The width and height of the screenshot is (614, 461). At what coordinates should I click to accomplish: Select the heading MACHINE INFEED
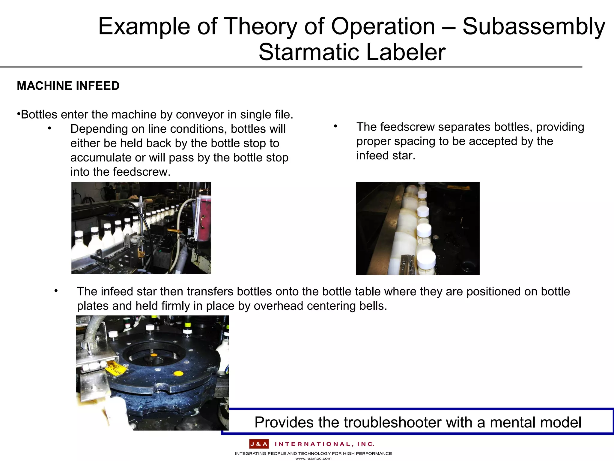point(68,86)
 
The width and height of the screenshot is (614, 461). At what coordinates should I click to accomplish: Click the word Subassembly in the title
point(534,26)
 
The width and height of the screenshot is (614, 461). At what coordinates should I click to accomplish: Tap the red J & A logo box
point(259,444)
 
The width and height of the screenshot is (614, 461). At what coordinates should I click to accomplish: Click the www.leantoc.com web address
point(313,458)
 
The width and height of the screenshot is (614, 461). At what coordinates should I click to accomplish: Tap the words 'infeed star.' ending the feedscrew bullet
point(386,155)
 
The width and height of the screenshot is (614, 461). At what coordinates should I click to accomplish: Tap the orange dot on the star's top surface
point(178,374)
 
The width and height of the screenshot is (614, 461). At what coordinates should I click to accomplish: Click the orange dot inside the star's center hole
point(153,355)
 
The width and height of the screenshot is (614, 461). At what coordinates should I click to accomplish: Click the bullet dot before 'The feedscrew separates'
point(336,127)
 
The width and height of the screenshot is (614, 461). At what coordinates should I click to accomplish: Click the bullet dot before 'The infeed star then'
point(56,291)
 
